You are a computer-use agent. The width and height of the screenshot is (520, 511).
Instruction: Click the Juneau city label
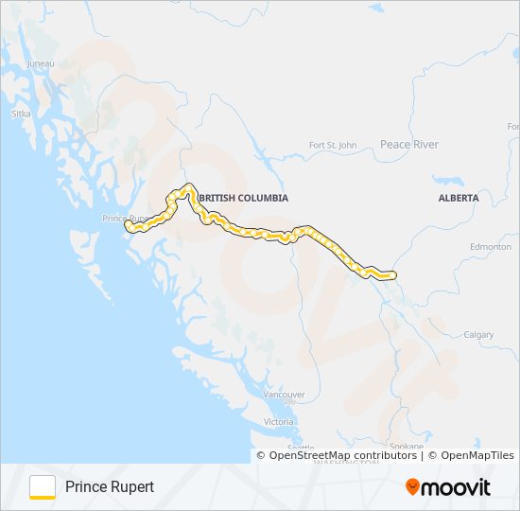point(42,63)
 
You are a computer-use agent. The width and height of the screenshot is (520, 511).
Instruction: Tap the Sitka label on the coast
point(21,114)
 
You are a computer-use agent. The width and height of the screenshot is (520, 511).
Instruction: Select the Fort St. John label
point(333,145)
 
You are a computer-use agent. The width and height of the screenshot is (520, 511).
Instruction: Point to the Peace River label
point(408,145)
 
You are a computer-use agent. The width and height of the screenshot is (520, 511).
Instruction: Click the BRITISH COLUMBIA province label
point(244,198)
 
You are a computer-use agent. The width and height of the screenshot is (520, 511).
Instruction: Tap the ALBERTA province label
point(459,198)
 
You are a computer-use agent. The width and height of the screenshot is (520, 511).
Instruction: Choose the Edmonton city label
point(491,246)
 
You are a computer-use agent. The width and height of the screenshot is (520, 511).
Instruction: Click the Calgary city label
point(479,335)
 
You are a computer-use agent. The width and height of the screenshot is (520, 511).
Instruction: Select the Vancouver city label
point(284,394)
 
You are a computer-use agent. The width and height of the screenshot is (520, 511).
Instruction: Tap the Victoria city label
point(279,421)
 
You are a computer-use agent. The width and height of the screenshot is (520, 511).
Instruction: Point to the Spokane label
point(406,446)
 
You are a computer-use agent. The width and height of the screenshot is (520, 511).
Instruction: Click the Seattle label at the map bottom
point(302,449)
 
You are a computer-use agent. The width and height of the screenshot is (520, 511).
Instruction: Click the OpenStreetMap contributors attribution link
point(342,455)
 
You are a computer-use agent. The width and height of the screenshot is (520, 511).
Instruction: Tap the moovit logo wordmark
point(458,487)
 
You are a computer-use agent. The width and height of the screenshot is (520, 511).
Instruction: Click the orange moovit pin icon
point(413,487)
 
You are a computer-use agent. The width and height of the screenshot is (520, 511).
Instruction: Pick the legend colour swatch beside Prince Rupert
point(43,486)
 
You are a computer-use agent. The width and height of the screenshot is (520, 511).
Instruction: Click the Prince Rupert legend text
point(110,487)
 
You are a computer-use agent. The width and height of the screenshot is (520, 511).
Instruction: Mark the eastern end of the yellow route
point(391,275)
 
